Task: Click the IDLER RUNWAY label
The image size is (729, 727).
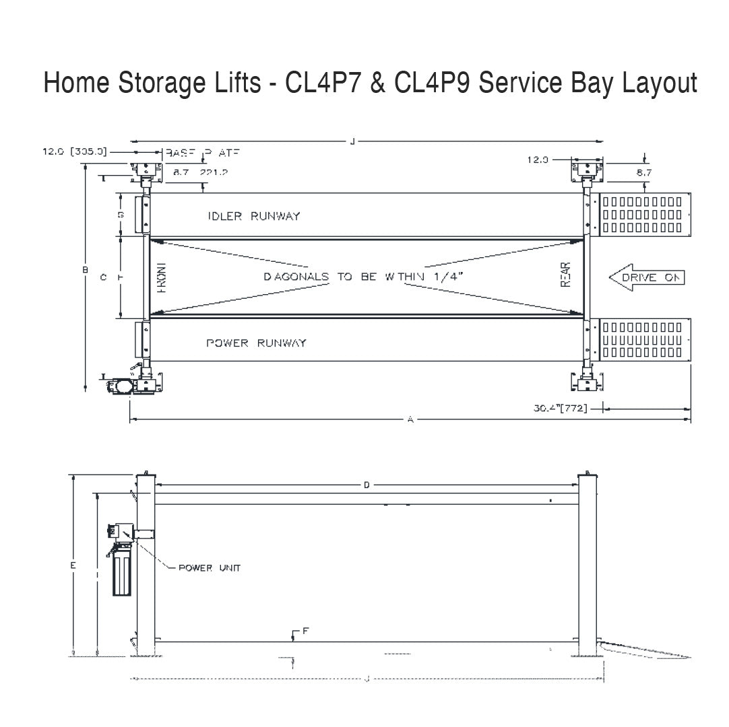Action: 254,216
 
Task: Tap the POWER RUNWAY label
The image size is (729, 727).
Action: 256,343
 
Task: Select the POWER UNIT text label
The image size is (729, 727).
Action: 209,568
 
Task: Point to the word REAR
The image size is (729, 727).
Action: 566,275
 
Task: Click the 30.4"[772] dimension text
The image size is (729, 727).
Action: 561,408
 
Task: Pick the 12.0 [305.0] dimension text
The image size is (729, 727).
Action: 75,152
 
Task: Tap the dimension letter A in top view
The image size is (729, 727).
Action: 410,419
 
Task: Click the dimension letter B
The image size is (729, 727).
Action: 85,270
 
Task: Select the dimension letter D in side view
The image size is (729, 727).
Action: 367,485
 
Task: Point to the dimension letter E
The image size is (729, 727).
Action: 73,566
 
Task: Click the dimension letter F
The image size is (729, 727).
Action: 305,631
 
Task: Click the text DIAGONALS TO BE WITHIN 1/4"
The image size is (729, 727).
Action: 364,277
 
